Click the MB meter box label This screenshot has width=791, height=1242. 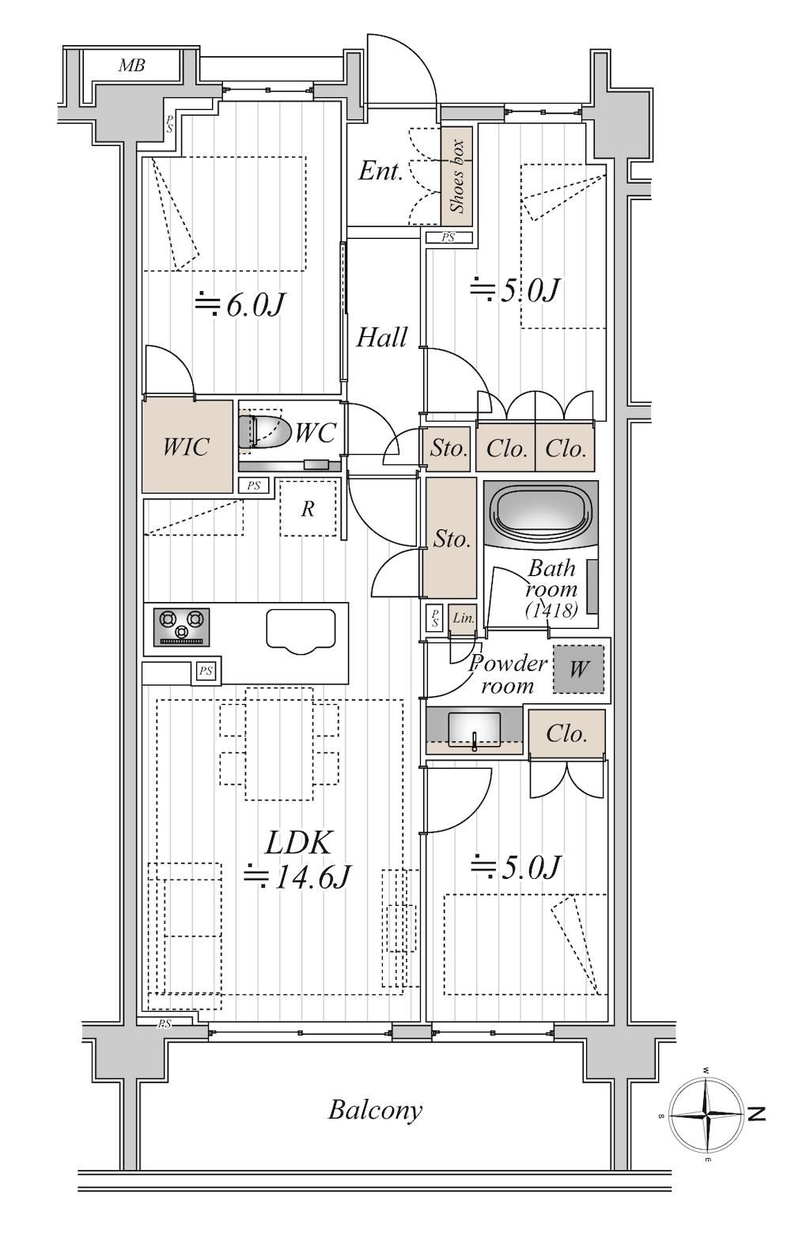pos(132,66)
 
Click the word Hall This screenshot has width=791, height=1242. pos(381,337)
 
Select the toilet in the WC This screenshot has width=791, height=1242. pos(264,431)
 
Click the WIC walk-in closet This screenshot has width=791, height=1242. pos(187,446)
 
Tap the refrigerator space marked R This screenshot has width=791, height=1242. pos(308,509)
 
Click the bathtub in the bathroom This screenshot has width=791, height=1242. pos(541,513)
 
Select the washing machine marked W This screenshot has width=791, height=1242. pos(578,669)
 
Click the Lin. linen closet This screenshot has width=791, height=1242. pos(462,618)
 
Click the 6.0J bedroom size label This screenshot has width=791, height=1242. pos(240,305)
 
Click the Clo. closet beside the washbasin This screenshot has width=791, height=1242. pos(566,733)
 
